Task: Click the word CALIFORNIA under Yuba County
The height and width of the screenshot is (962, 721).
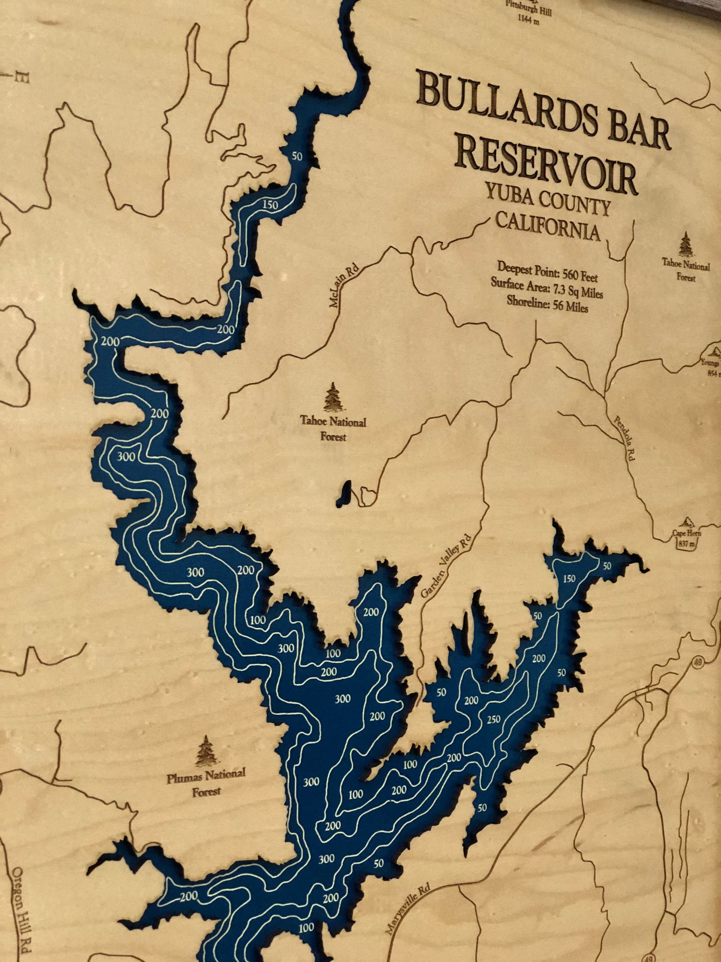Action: click(548, 228)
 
